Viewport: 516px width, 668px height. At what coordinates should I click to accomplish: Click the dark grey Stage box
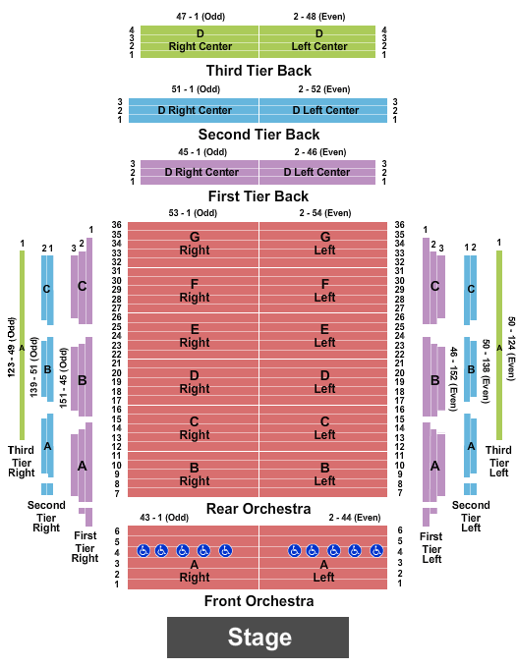click(x=258, y=638)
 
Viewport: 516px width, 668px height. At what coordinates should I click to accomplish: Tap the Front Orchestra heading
click(x=259, y=601)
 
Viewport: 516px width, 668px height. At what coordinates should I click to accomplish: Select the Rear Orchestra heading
click(x=258, y=509)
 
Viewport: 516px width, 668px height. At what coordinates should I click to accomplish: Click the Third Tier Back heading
click(x=258, y=71)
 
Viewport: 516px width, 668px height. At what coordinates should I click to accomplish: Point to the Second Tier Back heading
click(x=258, y=135)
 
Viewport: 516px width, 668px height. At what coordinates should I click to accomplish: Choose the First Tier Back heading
click(x=258, y=196)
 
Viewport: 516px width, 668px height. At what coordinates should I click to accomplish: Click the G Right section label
click(x=195, y=244)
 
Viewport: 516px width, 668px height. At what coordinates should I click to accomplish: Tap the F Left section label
click(x=324, y=291)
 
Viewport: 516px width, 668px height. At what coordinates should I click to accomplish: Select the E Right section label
click(x=195, y=336)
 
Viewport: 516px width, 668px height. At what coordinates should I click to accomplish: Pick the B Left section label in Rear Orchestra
click(x=324, y=474)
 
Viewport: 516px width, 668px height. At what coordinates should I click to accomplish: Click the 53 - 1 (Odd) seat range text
click(x=193, y=213)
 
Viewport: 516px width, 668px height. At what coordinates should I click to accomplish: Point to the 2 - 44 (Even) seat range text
click(x=355, y=518)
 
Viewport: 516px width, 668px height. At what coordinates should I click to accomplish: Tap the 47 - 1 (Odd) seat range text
click(x=201, y=17)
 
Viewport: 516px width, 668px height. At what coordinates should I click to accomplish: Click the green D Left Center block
click(x=317, y=41)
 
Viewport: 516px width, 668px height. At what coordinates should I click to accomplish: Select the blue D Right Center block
click(x=194, y=110)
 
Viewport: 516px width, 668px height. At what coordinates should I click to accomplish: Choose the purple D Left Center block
click(x=317, y=172)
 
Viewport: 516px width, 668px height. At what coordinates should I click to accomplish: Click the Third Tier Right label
click(x=22, y=462)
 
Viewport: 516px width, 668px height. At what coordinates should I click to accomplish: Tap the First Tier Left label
click(x=431, y=548)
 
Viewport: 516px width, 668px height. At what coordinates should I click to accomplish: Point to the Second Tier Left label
click(x=471, y=517)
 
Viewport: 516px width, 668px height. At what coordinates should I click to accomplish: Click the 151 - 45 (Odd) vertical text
click(x=63, y=378)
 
